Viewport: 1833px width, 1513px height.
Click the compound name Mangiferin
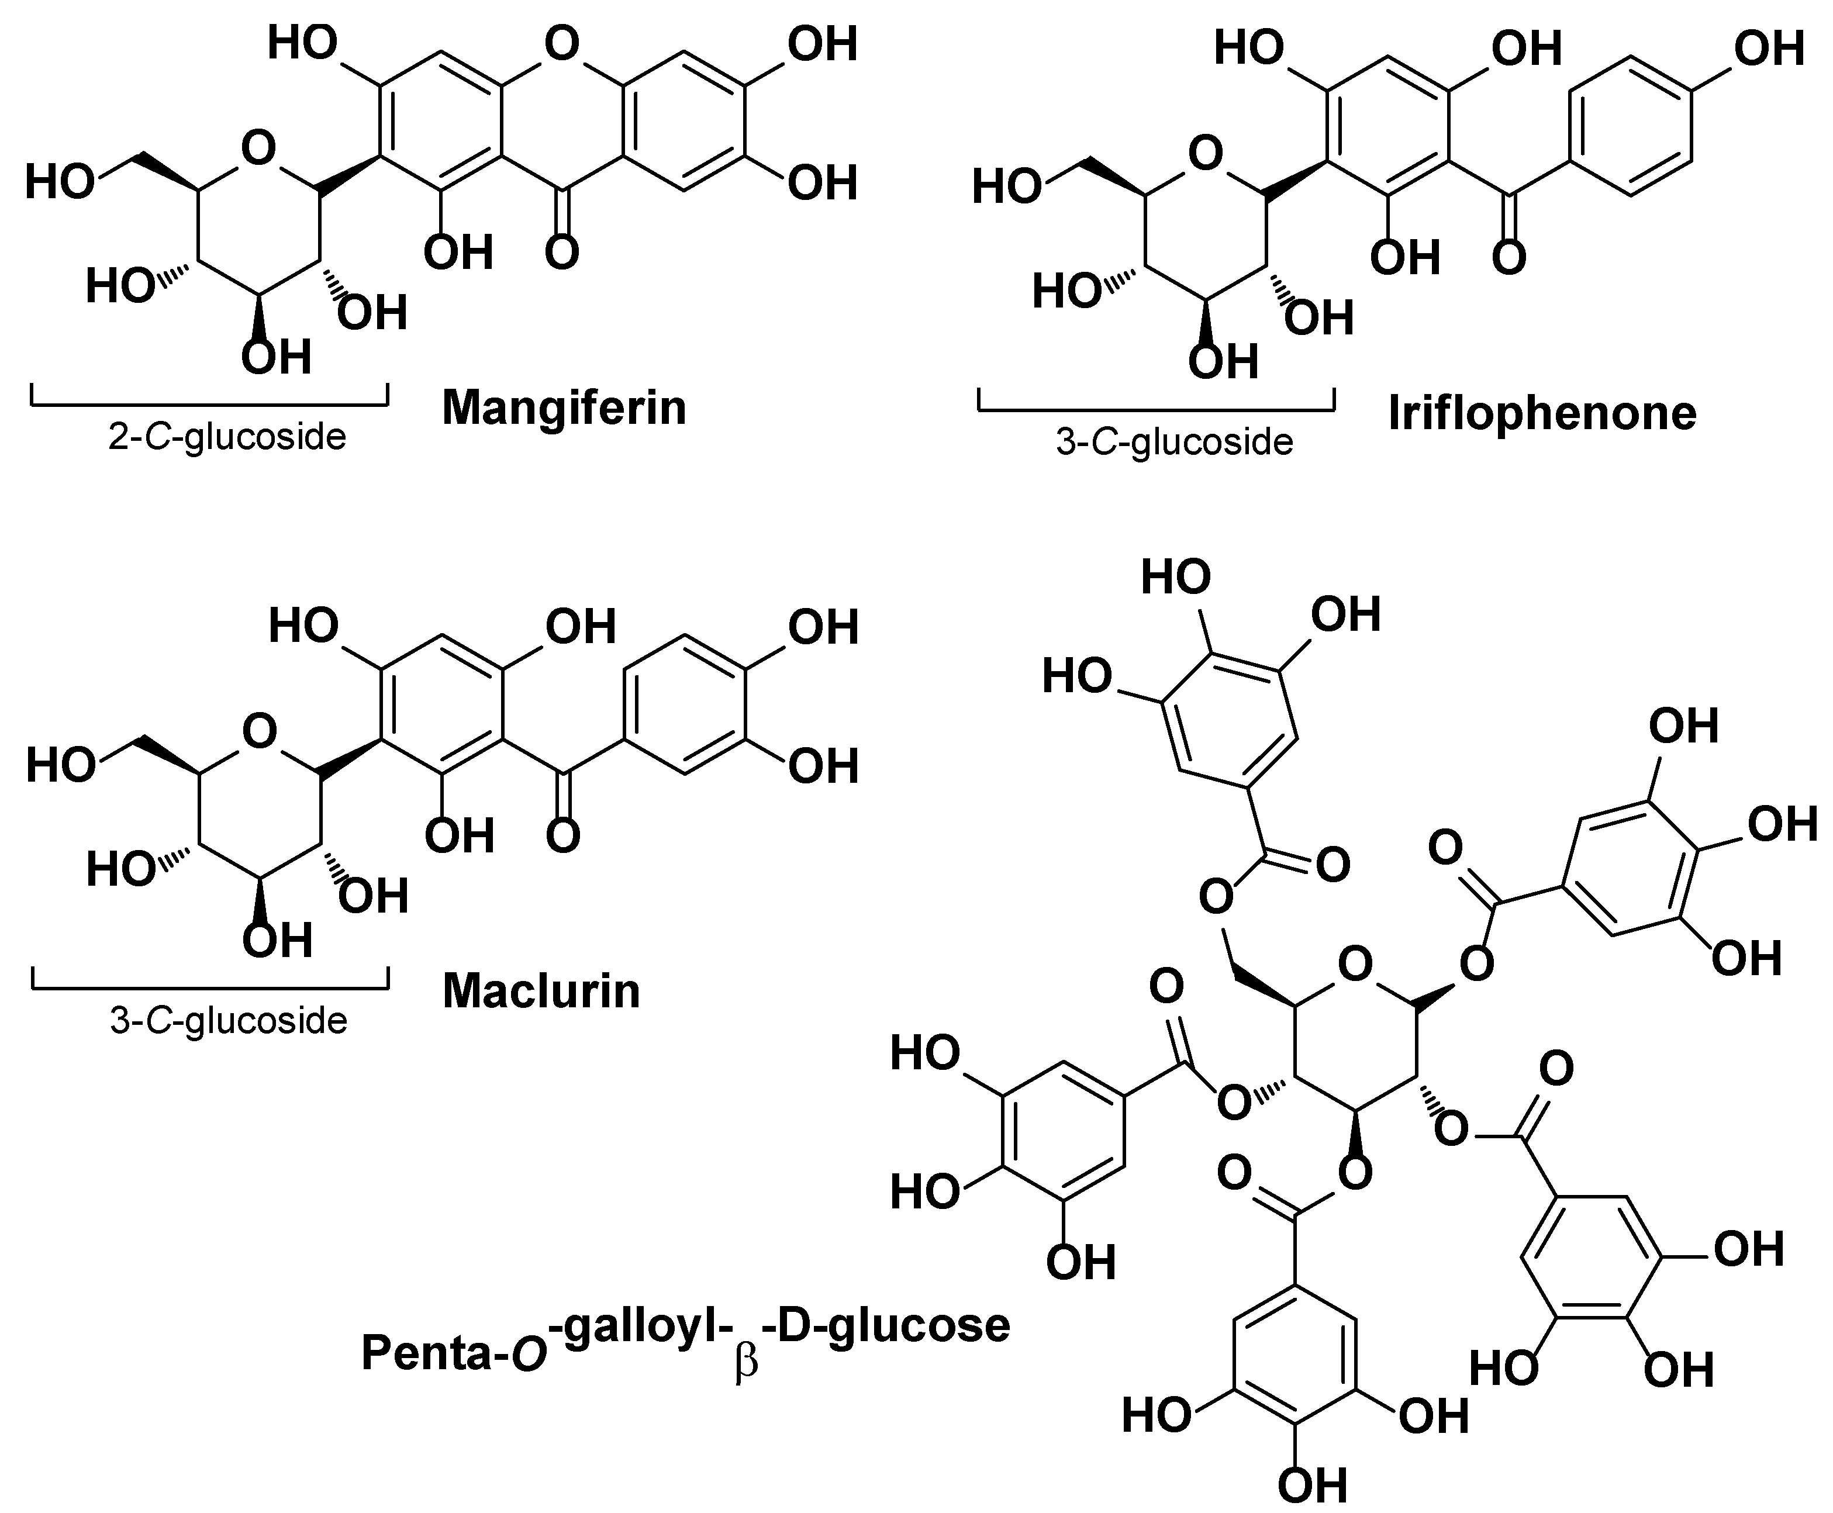564,407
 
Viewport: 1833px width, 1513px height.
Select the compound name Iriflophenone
1542,413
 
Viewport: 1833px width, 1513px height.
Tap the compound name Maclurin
541,991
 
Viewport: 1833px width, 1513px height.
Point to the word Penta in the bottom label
426,1353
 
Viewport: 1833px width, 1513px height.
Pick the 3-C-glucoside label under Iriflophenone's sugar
1174,442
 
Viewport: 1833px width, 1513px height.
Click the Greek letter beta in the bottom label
746,1362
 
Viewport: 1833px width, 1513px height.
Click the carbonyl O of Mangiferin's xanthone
562,252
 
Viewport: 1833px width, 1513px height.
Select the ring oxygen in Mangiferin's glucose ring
259,148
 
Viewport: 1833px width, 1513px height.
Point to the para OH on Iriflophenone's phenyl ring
1769,48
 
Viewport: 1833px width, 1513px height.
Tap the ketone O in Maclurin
563,835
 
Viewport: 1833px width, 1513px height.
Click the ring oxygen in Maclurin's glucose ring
259,731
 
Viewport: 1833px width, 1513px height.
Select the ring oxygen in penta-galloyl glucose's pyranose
1355,965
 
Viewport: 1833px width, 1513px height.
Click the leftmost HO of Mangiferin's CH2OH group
59,183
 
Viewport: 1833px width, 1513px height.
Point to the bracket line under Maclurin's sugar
210,989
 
